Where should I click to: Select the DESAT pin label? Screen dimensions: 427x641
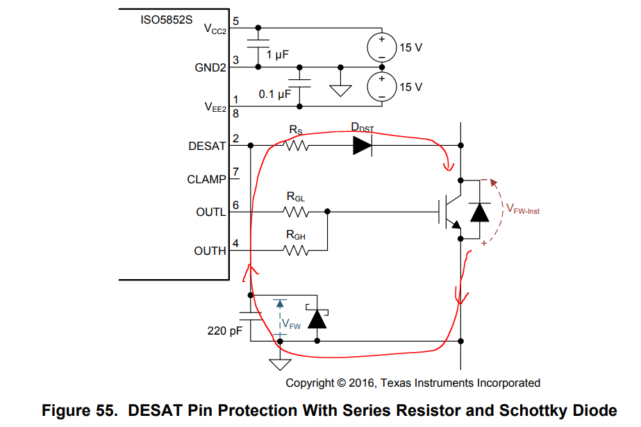coord(207,146)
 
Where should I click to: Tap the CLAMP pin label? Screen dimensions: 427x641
coord(206,179)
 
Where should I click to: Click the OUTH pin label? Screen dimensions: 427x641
coord(210,251)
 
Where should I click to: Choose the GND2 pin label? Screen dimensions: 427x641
coord(210,67)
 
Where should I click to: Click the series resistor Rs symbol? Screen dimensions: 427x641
coord(297,146)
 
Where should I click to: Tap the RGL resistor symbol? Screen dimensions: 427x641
coord(297,211)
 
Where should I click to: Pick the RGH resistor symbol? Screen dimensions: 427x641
coord(297,251)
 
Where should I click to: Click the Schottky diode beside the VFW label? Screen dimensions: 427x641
coord(317,319)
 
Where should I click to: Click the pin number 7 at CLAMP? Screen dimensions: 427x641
coord(236,172)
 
